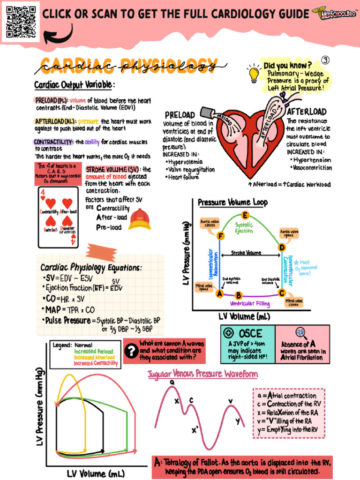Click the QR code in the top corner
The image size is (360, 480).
(x=21, y=21)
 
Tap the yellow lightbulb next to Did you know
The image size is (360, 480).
(x=254, y=74)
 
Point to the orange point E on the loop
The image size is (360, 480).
(x=245, y=216)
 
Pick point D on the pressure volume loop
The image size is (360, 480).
(x=282, y=247)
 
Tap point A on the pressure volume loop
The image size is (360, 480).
(x=219, y=294)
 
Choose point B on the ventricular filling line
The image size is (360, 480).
(x=238, y=295)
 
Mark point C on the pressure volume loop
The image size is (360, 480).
(x=281, y=293)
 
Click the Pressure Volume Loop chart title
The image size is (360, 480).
(x=232, y=202)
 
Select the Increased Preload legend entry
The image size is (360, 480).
(x=93, y=351)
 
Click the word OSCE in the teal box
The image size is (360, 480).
(x=251, y=333)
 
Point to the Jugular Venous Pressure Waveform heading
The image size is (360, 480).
(x=202, y=374)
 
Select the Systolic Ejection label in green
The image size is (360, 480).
(x=244, y=227)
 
